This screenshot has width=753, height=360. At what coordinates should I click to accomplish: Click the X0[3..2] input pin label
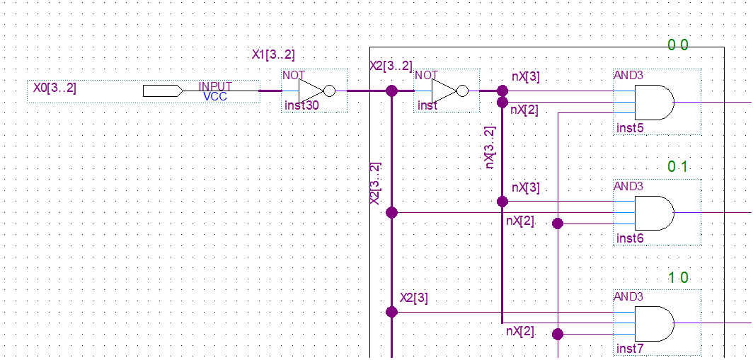54,88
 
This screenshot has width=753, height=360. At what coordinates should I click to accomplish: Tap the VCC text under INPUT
215,96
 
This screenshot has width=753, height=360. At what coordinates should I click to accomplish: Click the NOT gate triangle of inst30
310,91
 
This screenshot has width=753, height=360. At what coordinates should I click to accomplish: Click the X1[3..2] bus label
273,54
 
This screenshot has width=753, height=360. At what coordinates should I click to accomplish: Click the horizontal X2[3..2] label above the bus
391,66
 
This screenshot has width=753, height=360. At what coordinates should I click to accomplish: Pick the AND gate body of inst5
653,102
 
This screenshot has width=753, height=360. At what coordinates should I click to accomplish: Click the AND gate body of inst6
653,212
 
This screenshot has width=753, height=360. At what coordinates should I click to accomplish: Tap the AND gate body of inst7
653,323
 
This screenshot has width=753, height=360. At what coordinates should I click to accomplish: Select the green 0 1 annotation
678,167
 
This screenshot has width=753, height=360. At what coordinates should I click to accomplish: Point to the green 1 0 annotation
678,277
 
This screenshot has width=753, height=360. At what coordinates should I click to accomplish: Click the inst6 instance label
630,238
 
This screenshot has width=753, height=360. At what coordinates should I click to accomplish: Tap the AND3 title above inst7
628,296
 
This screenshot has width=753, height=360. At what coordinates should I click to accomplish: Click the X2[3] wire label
413,298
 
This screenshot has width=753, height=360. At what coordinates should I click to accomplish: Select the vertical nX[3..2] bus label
490,147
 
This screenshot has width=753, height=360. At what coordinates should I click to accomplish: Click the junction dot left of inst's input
391,91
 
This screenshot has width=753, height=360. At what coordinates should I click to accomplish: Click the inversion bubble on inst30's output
329,91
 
